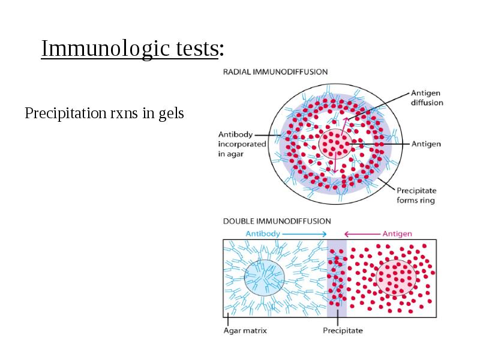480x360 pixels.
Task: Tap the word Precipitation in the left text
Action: [65, 113]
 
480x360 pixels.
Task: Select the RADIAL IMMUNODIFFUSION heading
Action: [275, 72]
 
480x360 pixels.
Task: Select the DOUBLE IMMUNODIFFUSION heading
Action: [277, 221]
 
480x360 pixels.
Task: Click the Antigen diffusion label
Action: [427, 98]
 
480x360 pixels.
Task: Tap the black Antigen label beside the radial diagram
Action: [426, 144]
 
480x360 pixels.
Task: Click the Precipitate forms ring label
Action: [416, 196]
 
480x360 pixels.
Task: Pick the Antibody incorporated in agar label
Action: [242, 144]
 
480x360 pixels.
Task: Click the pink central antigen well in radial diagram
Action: [334, 144]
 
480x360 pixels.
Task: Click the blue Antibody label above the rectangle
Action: [263, 234]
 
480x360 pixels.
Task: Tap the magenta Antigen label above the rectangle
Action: [397, 234]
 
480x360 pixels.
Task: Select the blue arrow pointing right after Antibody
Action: [304, 234]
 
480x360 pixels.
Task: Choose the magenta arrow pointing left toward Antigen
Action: [362, 234]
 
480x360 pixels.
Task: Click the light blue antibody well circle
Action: [265, 278]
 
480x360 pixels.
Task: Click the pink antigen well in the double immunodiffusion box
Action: [396, 278]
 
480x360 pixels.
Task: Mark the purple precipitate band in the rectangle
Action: [337, 278]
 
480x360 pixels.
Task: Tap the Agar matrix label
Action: [245, 331]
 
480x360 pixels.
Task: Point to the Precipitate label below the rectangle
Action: [343, 331]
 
